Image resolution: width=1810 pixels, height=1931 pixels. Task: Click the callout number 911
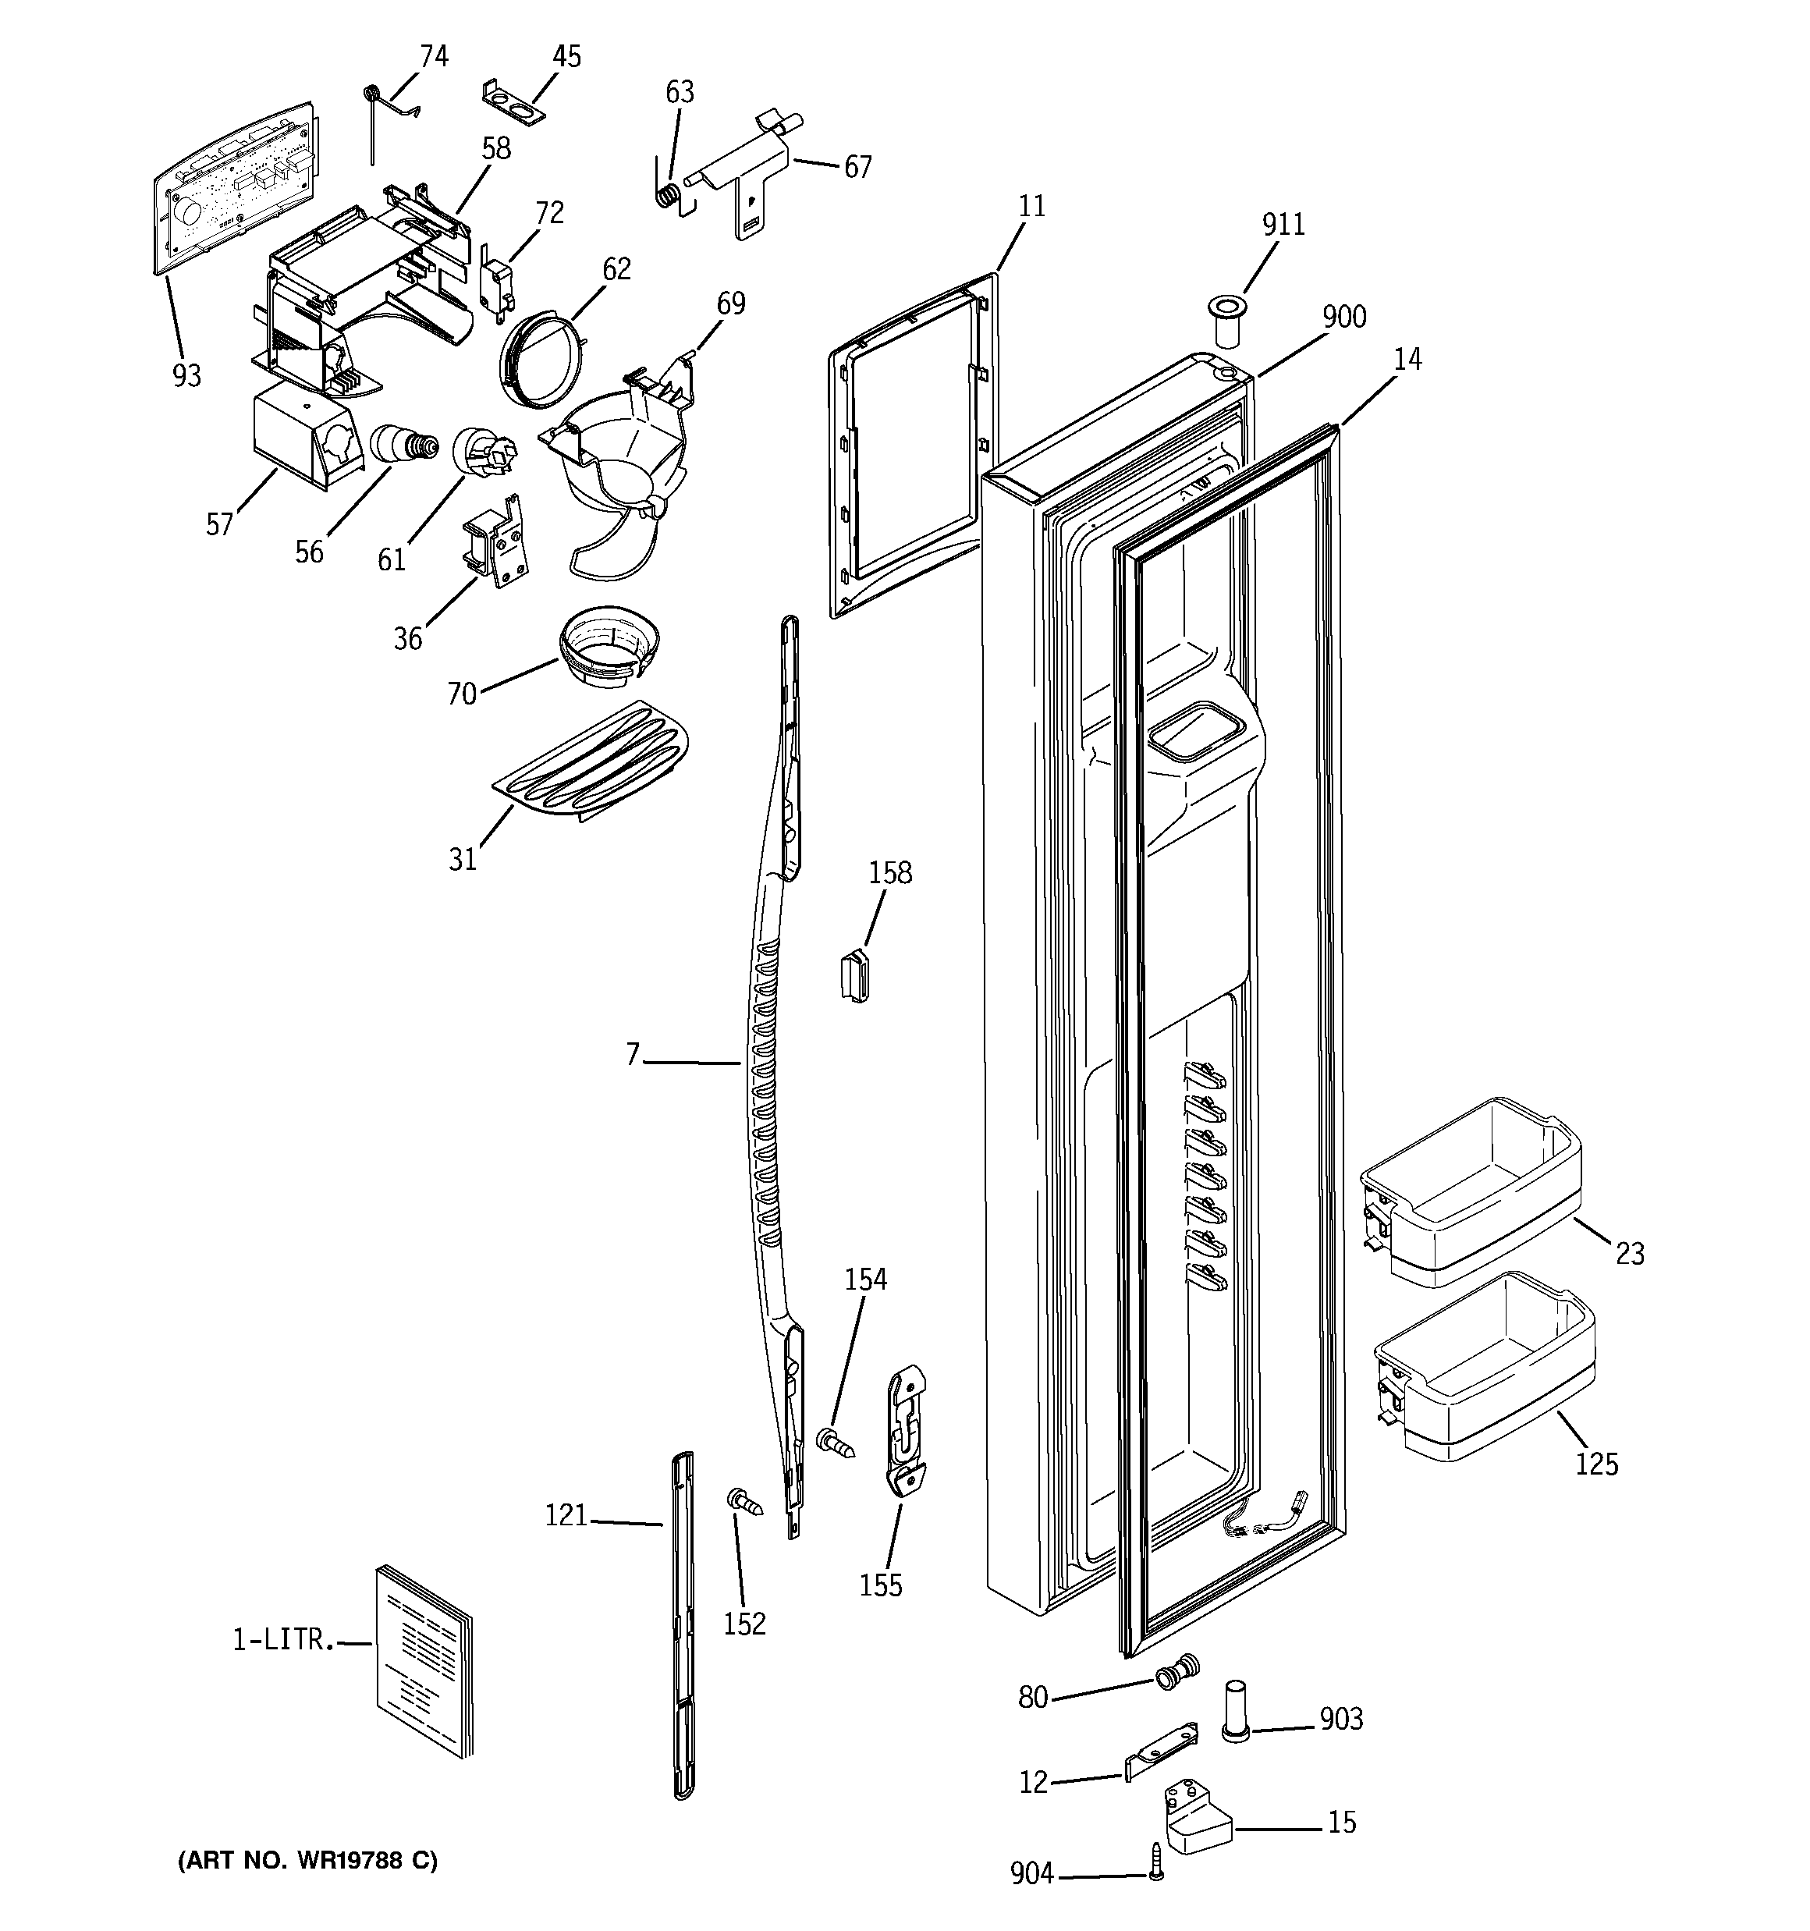click(1283, 225)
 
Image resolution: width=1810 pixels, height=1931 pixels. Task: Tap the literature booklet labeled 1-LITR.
click(424, 1661)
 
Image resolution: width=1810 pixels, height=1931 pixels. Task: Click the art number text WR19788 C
click(307, 1860)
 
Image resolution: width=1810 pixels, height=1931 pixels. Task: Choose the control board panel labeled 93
click(237, 186)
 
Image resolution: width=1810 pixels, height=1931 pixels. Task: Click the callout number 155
click(880, 1585)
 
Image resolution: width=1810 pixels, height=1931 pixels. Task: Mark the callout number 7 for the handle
click(633, 1054)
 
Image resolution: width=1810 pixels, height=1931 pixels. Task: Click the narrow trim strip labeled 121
click(683, 1621)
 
